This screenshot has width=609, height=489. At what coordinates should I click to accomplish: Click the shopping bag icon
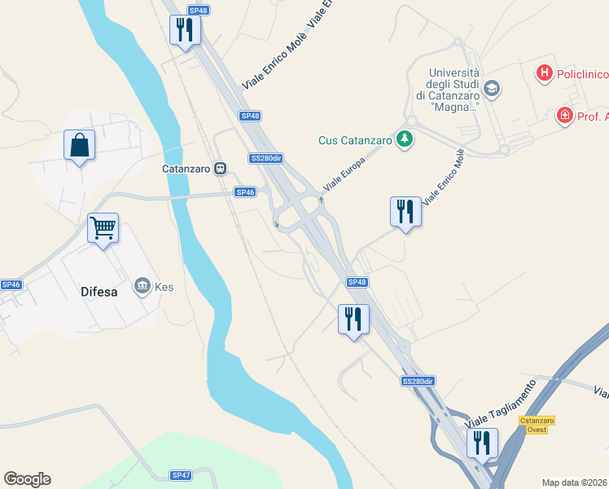click(79, 146)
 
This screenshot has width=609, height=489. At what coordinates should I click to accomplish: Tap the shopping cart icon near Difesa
click(103, 228)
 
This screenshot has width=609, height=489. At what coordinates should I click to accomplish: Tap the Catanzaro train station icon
click(220, 169)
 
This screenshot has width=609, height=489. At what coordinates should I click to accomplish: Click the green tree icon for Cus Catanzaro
click(405, 139)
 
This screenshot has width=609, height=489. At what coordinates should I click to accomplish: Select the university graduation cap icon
click(492, 87)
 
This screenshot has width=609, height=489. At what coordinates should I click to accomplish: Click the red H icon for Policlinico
click(544, 74)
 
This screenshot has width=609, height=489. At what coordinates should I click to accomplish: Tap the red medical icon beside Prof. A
click(564, 117)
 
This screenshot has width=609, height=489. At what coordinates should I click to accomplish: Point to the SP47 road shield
click(181, 475)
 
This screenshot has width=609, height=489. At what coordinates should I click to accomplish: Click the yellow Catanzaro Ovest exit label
click(537, 425)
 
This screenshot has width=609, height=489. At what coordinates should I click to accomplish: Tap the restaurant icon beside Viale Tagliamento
click(482, 443)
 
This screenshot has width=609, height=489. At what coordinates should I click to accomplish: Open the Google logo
click(27, 479)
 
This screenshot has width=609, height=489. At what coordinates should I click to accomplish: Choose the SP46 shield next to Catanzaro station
click(245, 192)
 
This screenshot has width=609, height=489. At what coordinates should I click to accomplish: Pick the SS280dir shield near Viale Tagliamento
click(418, 381)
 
